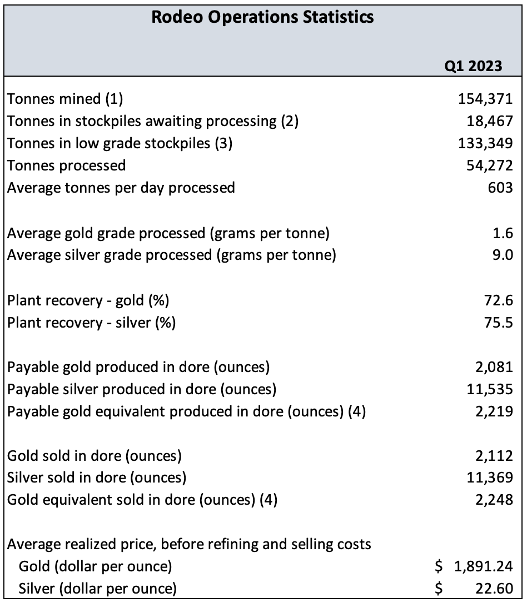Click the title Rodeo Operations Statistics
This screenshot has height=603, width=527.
[262, 17]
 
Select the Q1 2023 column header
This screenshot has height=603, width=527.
[473, 66]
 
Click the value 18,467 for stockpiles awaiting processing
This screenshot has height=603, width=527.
[488, 121]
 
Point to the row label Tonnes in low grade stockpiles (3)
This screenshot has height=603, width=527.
[120, 143]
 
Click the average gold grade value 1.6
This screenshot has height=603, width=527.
[503, 233]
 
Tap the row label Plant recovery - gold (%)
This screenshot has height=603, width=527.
[88, 300]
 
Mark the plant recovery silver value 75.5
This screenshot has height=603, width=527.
[498, 323]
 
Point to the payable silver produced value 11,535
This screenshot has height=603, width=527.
[488, 389]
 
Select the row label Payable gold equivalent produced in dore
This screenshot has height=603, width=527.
[186, 412]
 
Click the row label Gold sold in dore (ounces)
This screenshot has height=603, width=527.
[95, 456]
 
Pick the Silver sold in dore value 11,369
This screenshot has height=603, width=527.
[488, 478]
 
